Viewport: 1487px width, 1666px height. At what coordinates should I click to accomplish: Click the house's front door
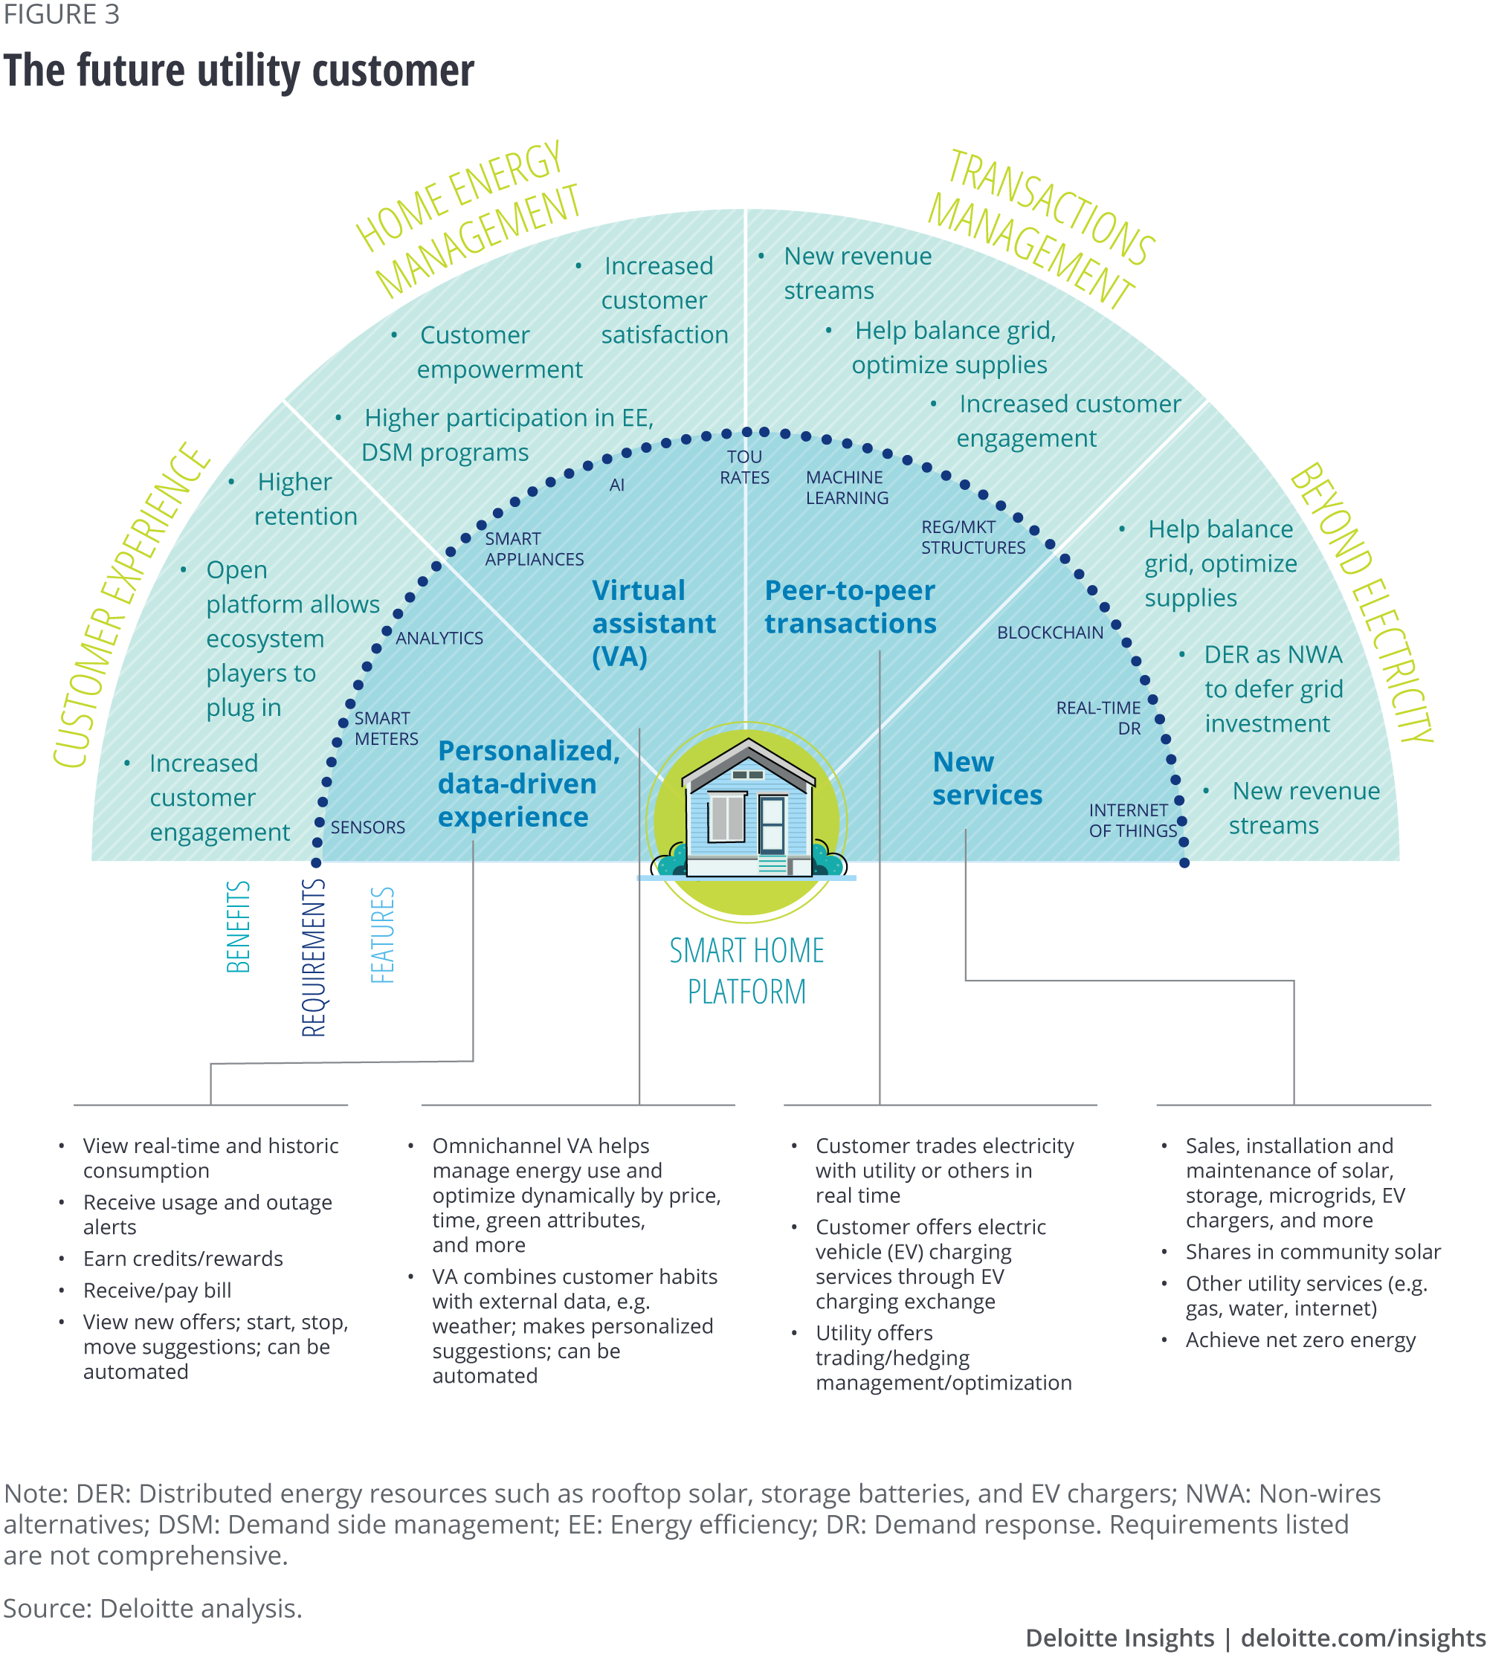(x=771, y=825)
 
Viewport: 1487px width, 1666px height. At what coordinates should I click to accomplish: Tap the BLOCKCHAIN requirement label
(x=1050, y=633)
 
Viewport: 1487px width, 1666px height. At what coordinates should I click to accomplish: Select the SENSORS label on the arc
(x=368, y=827)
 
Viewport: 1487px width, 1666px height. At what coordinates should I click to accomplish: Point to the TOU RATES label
(x=744, y=468)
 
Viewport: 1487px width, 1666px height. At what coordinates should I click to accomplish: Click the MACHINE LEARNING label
(x=846, y=488)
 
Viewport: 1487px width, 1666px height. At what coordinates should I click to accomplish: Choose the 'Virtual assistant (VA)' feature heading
(x=653, y=624)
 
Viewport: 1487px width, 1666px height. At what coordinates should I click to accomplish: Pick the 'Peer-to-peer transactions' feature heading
(x=850, y=607)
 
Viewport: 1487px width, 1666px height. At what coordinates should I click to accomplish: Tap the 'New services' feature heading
(x=987, y=778)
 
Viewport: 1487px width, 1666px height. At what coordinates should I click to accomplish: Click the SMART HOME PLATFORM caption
(x=746, y=971)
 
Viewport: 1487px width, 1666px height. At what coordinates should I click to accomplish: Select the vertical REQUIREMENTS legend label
(x=314, y=958)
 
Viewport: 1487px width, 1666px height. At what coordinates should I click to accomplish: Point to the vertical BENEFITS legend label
(x=238, y=926)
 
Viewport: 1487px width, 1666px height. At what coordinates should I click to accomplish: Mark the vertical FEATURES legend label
(x=382, y=934)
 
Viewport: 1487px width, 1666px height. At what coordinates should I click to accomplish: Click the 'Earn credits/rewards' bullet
(x=183, y=1259)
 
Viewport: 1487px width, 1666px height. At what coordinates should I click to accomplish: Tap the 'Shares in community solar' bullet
(x=1313, y=1252)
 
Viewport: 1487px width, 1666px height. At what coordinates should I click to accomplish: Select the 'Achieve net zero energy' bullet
(x=1300, y=1340)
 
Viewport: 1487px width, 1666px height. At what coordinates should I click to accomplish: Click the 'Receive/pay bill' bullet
(x=157, y=1290)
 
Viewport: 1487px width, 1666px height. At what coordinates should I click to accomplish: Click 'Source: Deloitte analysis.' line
(x=152, y=1608)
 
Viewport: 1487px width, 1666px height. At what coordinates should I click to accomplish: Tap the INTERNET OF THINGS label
(x=1132, y=820)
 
